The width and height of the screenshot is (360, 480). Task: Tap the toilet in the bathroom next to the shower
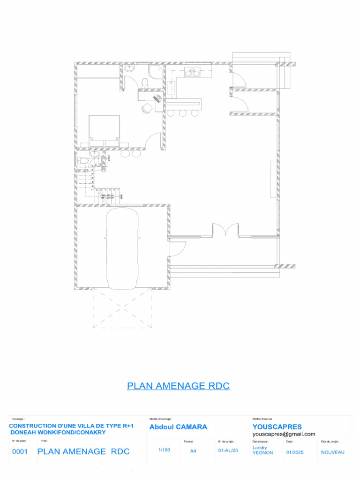click(x=145, y=82)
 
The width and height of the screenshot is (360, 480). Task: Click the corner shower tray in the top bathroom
click(x=155, y=71)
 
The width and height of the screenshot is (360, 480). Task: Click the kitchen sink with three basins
click(x=192, y=72)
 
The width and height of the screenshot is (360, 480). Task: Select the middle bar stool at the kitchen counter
click(x=181, y=113)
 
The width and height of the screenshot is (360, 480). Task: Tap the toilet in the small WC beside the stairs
click(x=83, y=161)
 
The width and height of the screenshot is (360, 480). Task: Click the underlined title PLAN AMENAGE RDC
click(x=178, y=386)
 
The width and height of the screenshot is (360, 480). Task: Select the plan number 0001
click(x=20, y=452)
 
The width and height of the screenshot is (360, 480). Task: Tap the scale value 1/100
click(x=164, y=450)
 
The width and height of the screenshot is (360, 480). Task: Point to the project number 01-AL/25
click(x=228, y=450)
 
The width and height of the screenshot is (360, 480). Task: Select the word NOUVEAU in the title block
click(x=333, y=452)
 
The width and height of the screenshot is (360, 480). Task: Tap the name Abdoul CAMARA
click(x=178, y=427)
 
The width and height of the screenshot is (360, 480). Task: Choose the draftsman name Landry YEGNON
click(x=262, y=450)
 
